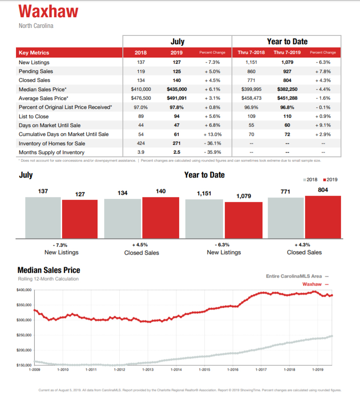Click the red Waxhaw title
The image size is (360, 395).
coord(48,12)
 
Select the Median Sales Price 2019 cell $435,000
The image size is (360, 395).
coord(176,89)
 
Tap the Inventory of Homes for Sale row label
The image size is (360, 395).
coord(52,143)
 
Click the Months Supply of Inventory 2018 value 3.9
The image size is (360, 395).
coord(141,152)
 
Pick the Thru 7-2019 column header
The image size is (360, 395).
coord(287,52)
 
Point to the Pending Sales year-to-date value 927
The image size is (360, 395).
coord(287,71)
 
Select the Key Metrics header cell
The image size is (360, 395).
coord(34,53)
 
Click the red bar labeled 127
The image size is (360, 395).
coord(80,219)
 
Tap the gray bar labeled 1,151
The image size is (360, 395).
coord(204,219)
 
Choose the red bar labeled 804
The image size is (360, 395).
coord(323,217)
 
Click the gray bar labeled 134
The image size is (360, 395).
coord(123,218)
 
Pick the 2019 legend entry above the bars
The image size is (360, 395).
coord(330,180)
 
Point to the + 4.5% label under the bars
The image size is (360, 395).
coord(140,245)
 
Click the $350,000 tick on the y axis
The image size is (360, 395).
coord(24,305)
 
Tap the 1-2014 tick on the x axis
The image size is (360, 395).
coord(176,370)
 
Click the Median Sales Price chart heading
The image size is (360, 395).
coord(49,270)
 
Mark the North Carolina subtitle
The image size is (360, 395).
coord(36,26)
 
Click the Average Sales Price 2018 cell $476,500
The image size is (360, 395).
coord(141,98)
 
